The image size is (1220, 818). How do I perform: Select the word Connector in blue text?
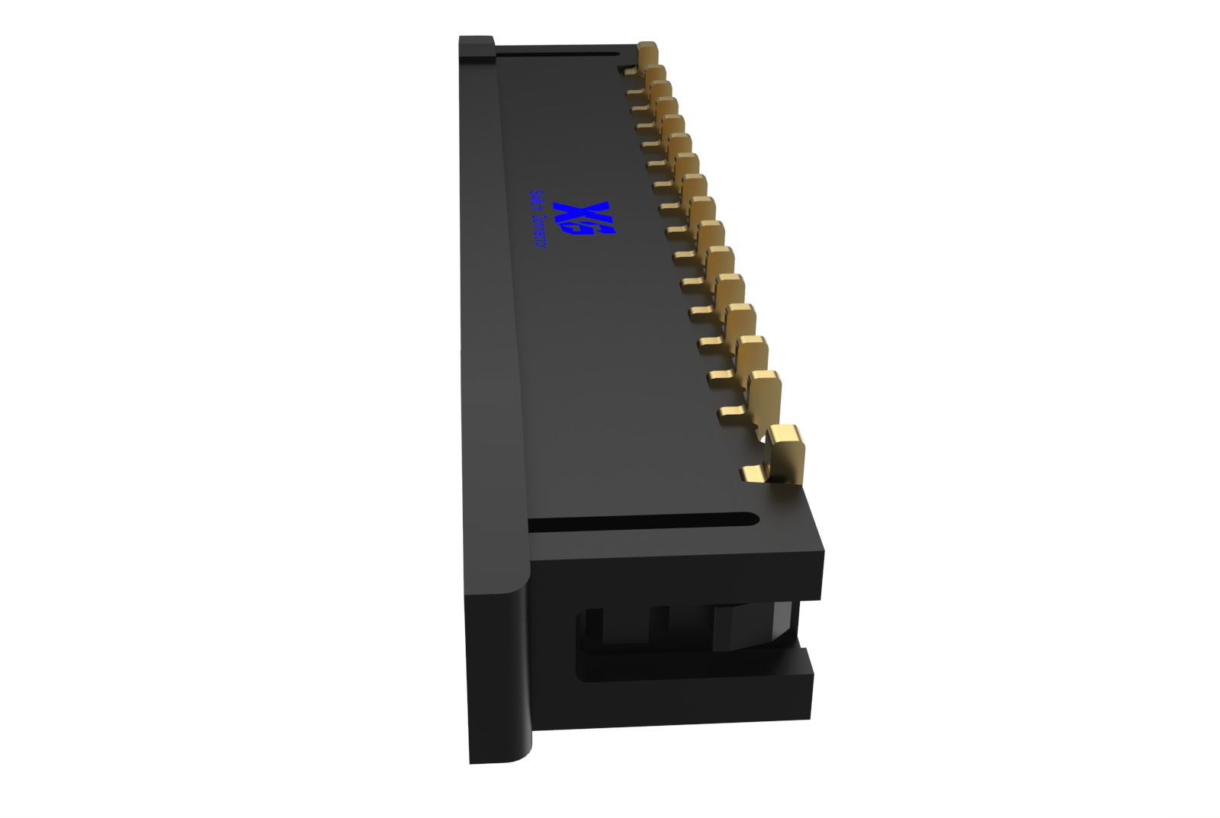(x=540, y=233)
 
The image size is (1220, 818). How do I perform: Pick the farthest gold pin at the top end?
(x=647, y=54)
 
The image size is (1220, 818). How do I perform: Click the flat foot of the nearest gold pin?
(x=754, y=475)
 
